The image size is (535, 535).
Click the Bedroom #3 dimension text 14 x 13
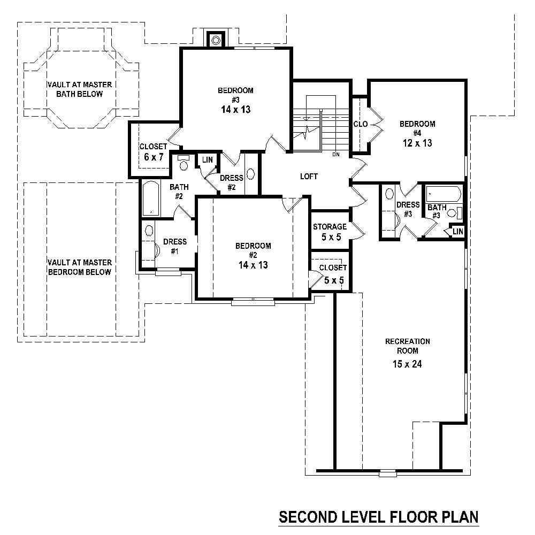pyautogui.click(x=235, y=110)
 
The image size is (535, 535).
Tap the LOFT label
pyautogui.click(x=309, y=177)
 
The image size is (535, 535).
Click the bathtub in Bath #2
pyautogui.click(x=151, y=198)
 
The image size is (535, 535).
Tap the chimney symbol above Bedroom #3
pyautogui.click(x=217, y=40)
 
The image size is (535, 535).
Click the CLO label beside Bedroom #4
pyautogui.click(x=360, y=124)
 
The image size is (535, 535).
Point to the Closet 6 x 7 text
pyautogui.click(x=152, y=152)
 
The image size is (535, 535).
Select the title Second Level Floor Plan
pyautogui.click(x=378, y=518)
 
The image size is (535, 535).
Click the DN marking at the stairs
pyautogui.click(x=336, y=155)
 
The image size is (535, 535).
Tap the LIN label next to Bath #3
pyautogui.click(x=457, y=231)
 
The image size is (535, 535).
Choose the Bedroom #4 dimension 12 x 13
pyautogui.click(x=417, y=143)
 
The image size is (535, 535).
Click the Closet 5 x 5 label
pyautogui.click(x=332, y=273)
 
